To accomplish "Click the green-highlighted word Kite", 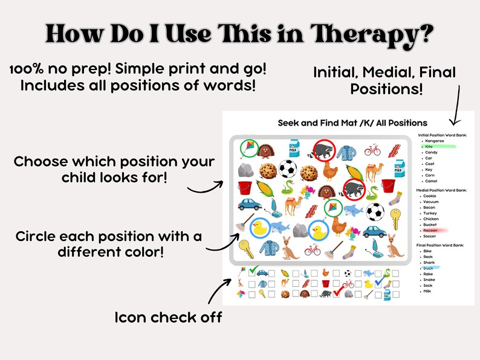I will coord(429,146).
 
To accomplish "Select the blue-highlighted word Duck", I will coord(429,268).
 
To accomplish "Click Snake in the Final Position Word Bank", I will coord(430,280).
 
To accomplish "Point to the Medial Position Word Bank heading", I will coord(447,190).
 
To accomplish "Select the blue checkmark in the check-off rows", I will coord(380,281).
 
